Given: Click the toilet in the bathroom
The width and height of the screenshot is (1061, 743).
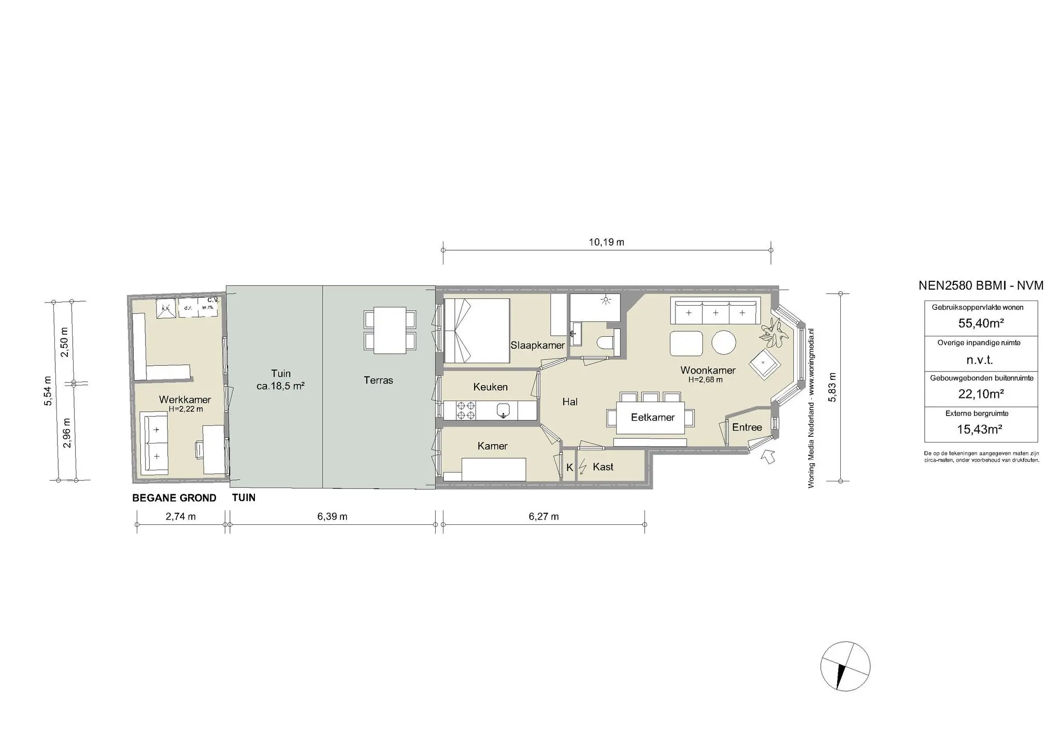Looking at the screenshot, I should pyautogui.click(x=605, y=343).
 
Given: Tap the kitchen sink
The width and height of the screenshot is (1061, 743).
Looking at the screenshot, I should pyautogui.click(x=504, y=411).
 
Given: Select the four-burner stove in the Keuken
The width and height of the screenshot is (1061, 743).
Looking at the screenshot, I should pyautogui.click(x=465, y=410).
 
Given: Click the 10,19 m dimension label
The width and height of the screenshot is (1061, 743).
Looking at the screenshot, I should pyautogui.click(x=607, y=242).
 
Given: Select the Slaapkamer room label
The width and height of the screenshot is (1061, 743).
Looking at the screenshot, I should pyautogui.click(x=537, y=345).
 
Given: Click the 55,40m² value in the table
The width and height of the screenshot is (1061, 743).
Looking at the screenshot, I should pyautogui.click(x=981, y=323).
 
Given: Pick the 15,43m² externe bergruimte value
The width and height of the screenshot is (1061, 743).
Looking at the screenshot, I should pyautogui.click(x=981, y=429).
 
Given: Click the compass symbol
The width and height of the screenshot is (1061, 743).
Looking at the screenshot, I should pyautogui.click(x=845, y=666).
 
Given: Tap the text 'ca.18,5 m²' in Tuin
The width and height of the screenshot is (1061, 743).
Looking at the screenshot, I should pyautogui.click(x=280, y=386).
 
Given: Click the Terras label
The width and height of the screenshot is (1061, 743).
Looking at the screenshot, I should pyautogui.click(x=378, y=380).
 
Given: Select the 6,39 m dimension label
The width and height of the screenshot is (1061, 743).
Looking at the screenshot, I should pyautogui.click(x=332, y=517).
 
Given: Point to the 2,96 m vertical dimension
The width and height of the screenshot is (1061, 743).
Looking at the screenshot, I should pyautogui.click(x=66, y=433).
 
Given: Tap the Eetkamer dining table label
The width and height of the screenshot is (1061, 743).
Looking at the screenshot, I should pyautogui.click(x=652, y=418).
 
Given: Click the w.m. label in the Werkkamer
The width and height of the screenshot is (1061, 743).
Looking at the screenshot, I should pyautogui.click(x=208, y=307).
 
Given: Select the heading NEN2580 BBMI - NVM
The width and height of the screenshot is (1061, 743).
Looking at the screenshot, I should pyautogui.click(x=981, y=285).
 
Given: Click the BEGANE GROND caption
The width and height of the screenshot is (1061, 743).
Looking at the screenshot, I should pyautogui.click(x=174, y=498).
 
